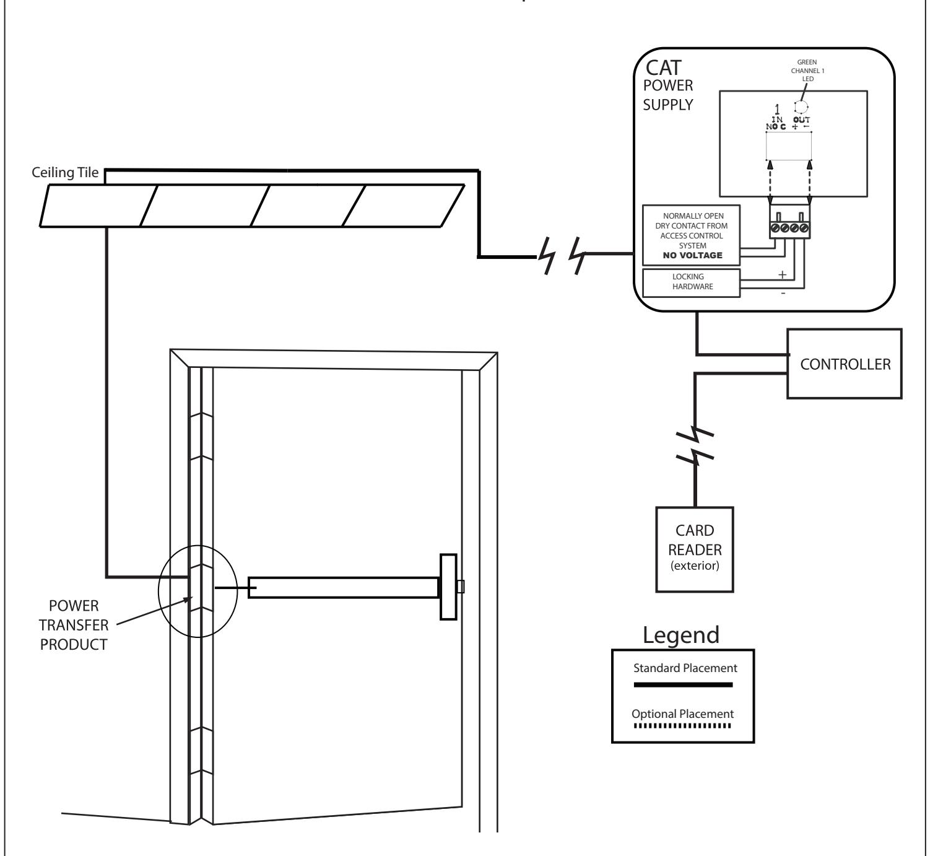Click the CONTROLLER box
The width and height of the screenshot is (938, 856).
[844, 364]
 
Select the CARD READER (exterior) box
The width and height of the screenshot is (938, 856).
[695, 549]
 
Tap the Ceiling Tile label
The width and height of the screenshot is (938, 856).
[65, 173]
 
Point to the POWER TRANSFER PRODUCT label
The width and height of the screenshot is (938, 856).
[74, 625]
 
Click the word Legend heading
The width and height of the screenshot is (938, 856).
[681, 635]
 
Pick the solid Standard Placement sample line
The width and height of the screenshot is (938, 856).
[683, 684]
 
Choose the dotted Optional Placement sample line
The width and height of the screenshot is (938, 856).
[682, 726]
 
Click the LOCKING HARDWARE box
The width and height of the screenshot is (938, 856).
[691, 282]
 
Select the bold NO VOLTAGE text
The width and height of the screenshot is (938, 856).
[693, 256]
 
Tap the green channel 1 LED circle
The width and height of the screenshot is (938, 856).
[801, 107]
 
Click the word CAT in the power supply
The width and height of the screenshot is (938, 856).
[663, 68]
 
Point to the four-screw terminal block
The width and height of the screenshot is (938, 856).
[790, 222]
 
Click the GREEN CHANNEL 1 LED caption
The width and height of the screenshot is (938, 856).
[807, 71]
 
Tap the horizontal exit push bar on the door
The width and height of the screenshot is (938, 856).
[344, 587]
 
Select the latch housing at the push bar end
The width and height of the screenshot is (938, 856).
[448, 587]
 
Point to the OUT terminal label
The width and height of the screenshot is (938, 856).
[801, 120]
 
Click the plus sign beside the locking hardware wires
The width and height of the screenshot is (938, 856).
[782, 275]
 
